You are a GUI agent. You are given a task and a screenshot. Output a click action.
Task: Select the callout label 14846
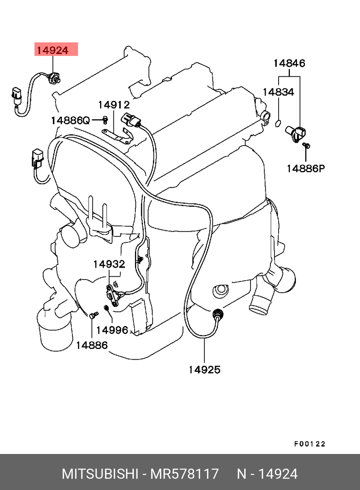289,63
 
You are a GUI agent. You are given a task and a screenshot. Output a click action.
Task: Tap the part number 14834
278,92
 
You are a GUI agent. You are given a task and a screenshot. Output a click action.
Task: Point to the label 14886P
306,168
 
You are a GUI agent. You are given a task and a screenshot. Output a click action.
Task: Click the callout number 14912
114,105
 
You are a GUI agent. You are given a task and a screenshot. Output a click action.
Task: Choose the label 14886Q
70,120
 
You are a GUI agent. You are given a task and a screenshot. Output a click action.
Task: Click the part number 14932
109,264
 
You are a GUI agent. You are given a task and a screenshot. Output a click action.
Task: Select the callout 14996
112,330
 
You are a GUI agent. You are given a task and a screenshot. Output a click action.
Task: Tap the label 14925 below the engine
204,370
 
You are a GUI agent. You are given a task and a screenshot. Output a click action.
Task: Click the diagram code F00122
310,444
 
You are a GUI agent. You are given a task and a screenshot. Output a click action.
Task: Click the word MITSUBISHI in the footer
100,474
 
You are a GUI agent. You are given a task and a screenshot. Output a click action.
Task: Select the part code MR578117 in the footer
184,474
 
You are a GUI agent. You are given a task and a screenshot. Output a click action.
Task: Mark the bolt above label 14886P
306,146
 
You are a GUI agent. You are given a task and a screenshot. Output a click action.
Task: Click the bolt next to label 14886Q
105,119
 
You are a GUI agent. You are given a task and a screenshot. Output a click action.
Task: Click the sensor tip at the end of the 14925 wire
218,314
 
